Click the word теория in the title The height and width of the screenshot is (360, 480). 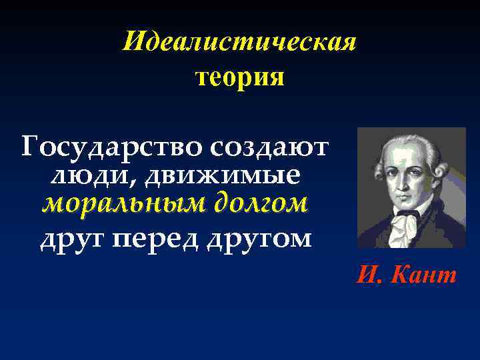pos(240,78)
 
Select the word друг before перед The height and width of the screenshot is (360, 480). pos(69,238)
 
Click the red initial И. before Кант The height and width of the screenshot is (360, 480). pos(369,275)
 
